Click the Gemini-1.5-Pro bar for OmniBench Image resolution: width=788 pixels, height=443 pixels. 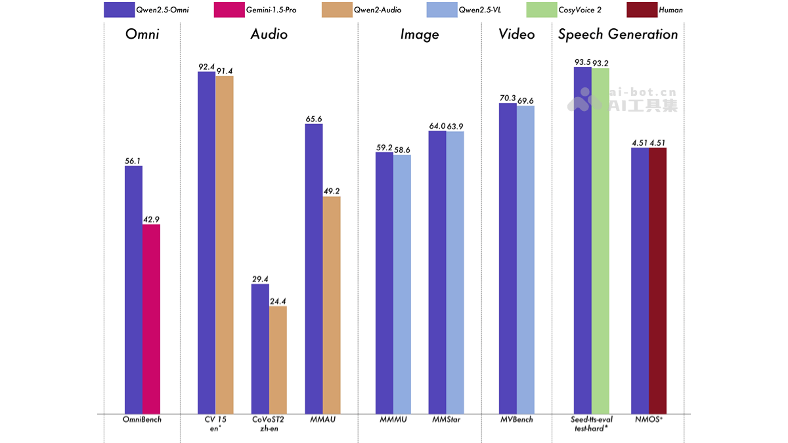coord(151,319)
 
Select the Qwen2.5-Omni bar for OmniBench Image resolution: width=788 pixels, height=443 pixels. coord(133,289)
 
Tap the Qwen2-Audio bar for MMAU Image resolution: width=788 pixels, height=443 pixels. coord(332,305)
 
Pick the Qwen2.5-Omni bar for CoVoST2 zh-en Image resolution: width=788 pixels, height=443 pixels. coord(260,348)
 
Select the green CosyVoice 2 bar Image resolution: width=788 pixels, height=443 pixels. coord(600,240)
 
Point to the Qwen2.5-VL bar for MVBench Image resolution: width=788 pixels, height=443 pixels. coord(525,259)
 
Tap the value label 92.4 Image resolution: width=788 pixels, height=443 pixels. coord(206,66)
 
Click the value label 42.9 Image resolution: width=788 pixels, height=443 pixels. coord(151,219)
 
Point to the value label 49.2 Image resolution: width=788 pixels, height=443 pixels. coord(332,191)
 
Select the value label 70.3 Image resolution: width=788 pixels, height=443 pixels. coord(508,98)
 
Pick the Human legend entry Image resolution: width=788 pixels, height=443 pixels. coord(657,10)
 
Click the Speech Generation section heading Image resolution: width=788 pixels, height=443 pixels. coord(618,35)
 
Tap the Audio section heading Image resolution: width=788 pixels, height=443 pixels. coord(269,35)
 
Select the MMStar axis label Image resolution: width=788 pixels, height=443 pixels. coord(446,419)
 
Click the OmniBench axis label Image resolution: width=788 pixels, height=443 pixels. coord(142,419)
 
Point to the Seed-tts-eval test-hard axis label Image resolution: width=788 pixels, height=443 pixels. coord(592,423)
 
